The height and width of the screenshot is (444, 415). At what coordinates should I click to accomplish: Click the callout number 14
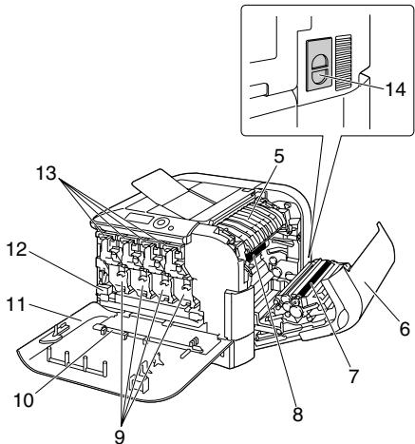pyautogui.click(x=395, y=89)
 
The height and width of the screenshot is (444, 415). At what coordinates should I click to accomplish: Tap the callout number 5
pyautogui.click(x=279, y=157)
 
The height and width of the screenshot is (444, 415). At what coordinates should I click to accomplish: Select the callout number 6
pyautogui.click(x=405, y=329)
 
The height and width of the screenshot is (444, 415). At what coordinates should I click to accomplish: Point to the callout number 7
pyautogui.click(x=352, y=376)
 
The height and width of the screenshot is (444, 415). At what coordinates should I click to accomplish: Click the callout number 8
pyautogui.click(x=297, y=415)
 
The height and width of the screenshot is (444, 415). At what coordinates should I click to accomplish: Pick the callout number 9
pyautogui.click(x=120, y=437)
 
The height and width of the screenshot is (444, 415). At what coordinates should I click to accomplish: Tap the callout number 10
pyautogui.click(x=24, y=400)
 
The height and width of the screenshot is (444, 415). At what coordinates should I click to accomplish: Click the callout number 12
pyautogui.click(x=17, y=249)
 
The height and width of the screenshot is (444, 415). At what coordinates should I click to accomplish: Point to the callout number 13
pyautogui.click(x=46, y=173)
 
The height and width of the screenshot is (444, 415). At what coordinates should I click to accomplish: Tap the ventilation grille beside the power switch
pyautogui.click(x=344, y=62)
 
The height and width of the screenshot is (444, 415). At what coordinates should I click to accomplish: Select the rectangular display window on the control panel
pyautogui.click(x=137, y=219)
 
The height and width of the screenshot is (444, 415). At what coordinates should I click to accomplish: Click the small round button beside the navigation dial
pyautogui.click(x=171, y=227)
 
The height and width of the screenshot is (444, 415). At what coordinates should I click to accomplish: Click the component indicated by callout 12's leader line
pyautogui.click(x=104, y=289)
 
